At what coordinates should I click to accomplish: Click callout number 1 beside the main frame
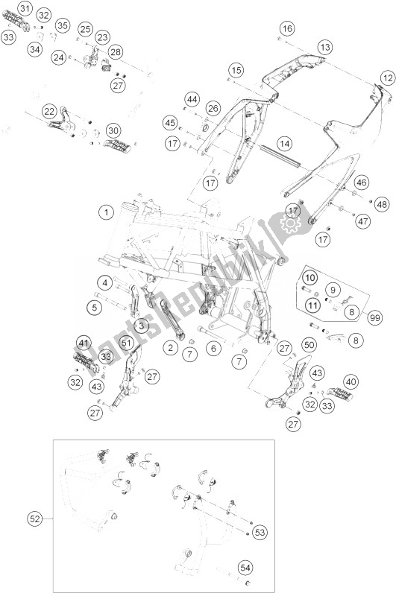(107, 212)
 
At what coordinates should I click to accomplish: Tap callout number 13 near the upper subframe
(324, 47)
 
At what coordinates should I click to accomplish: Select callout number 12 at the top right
(387, 78)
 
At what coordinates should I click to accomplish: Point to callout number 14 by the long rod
(284, 144)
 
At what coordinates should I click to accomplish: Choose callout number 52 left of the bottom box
(35, 519)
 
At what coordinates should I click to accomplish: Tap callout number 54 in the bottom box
(245, 568)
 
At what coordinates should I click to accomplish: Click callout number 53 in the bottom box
(260, 533)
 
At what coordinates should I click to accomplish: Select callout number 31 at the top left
(24, 8)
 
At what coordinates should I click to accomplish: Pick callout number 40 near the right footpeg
(351, 382)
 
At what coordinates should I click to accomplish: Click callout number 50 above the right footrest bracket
(309, 344)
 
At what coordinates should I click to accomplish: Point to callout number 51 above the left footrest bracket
(127, 343)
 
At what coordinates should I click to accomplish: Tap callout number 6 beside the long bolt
(213, 348)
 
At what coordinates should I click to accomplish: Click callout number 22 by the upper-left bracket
(49, 112)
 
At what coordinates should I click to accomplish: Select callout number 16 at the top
(287, 28)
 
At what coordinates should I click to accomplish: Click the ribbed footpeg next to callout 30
(117, 146)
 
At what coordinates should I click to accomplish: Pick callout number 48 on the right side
(382, 205)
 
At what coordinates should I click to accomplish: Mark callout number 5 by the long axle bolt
(94, 307)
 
